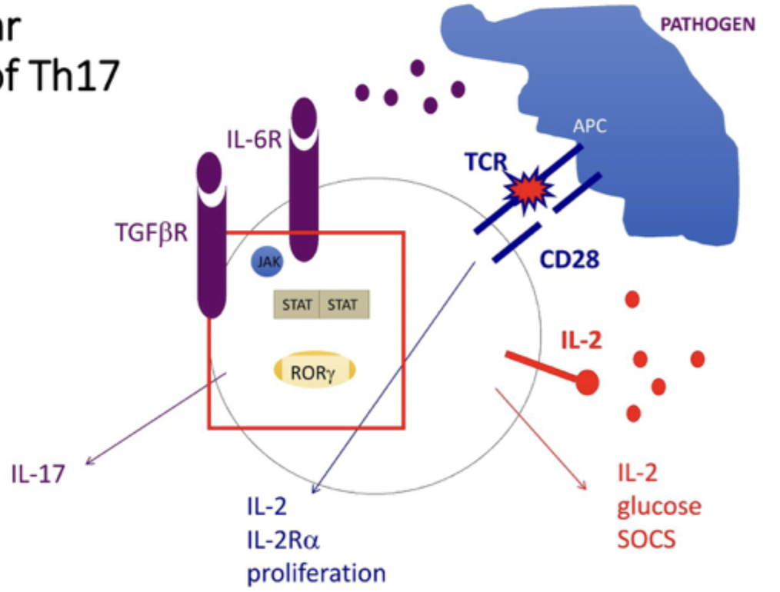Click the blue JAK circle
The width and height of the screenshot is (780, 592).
pyautogui.click(x=267, y=262)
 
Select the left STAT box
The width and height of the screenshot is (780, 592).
pyautogui.click(x=297, y=304)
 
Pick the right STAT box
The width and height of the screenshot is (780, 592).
pyautogui.click(x=343, y=304)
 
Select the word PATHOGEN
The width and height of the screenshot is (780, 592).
pyautogui.click(x=708, y=25)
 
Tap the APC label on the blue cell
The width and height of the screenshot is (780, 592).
pyautogui.click(x=589, y=126)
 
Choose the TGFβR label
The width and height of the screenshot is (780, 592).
pyautogui.click(x=149, y=231)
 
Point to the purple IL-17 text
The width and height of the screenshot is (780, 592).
pyautogui.click(x=38, y=474)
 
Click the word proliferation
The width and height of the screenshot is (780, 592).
pyautogui.click(x=315, y=573)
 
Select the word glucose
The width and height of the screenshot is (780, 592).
pyautogui.click(x=658, y=506)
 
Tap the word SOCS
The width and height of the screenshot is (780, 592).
pyautogui.click(x=645, y=538)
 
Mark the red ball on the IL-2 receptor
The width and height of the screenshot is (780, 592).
pyautogui.click(x=587, y=381)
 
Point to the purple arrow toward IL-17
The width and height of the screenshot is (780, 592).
pyautogui.click(x=154, y=421)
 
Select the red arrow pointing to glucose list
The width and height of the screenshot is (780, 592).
pyautogui.click(x=541, y=438)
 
